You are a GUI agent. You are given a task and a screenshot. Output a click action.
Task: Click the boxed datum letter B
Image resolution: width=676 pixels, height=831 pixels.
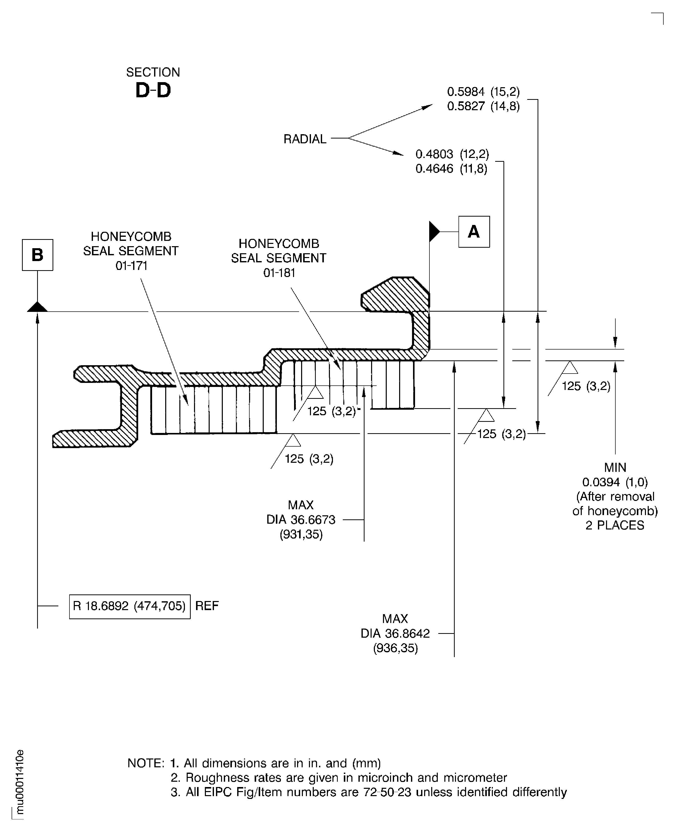tap(37, 255)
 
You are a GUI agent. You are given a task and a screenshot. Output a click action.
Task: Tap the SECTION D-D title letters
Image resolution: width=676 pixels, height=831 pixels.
tap(153, 90)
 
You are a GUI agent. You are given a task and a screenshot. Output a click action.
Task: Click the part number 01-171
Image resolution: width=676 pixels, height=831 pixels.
tap(131, 266)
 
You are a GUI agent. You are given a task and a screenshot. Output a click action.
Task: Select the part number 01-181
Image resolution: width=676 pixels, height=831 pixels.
tap(279, 273)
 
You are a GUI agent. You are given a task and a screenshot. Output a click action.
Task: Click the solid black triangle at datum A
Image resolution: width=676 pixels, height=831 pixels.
tap(433, 232)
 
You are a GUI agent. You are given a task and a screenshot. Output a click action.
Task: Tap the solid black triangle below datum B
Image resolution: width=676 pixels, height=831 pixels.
tap(37, 307)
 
